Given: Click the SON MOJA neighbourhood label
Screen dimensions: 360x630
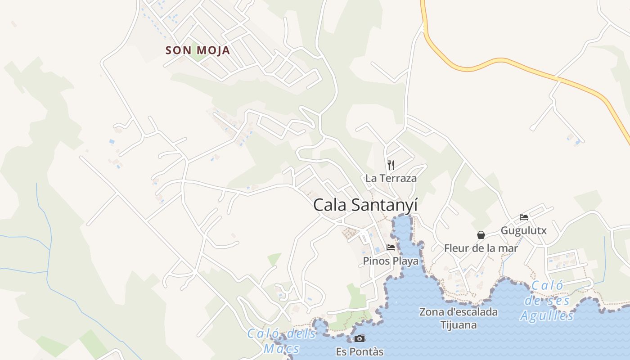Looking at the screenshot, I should (x=198, y=50).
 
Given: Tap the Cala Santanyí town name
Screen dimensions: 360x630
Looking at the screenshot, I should (x=365, y=205).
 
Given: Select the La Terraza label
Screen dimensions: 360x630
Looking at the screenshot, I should (x=391, y=178).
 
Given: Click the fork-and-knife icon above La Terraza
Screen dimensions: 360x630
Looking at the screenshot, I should (x=391, y=165).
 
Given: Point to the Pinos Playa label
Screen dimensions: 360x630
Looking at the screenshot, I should (x=391, y=261).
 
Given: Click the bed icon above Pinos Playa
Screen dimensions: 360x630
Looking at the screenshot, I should (x=391, y=247).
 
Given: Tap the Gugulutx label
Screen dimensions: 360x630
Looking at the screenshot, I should (x=524, y=231).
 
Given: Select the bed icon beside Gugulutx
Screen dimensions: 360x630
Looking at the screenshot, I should (x=524, y=217).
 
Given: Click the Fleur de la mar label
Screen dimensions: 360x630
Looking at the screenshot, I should (x=481, y=248).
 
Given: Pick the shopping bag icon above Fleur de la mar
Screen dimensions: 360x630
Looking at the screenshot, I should (x=481, y=235).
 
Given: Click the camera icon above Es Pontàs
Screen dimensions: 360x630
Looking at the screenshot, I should (x=360, y=338).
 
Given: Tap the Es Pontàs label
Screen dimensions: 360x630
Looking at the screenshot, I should (x=360, y=351).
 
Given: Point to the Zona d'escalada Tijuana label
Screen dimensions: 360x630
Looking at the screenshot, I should (x=459, y=318).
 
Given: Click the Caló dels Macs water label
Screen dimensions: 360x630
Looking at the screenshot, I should (x=282, y=341).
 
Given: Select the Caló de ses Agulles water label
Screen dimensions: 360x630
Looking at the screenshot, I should (x=547, y=301).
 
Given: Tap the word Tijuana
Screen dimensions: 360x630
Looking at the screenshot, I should (x=459, y=325).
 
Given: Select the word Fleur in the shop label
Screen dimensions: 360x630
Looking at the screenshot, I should (x=455, y=248).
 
